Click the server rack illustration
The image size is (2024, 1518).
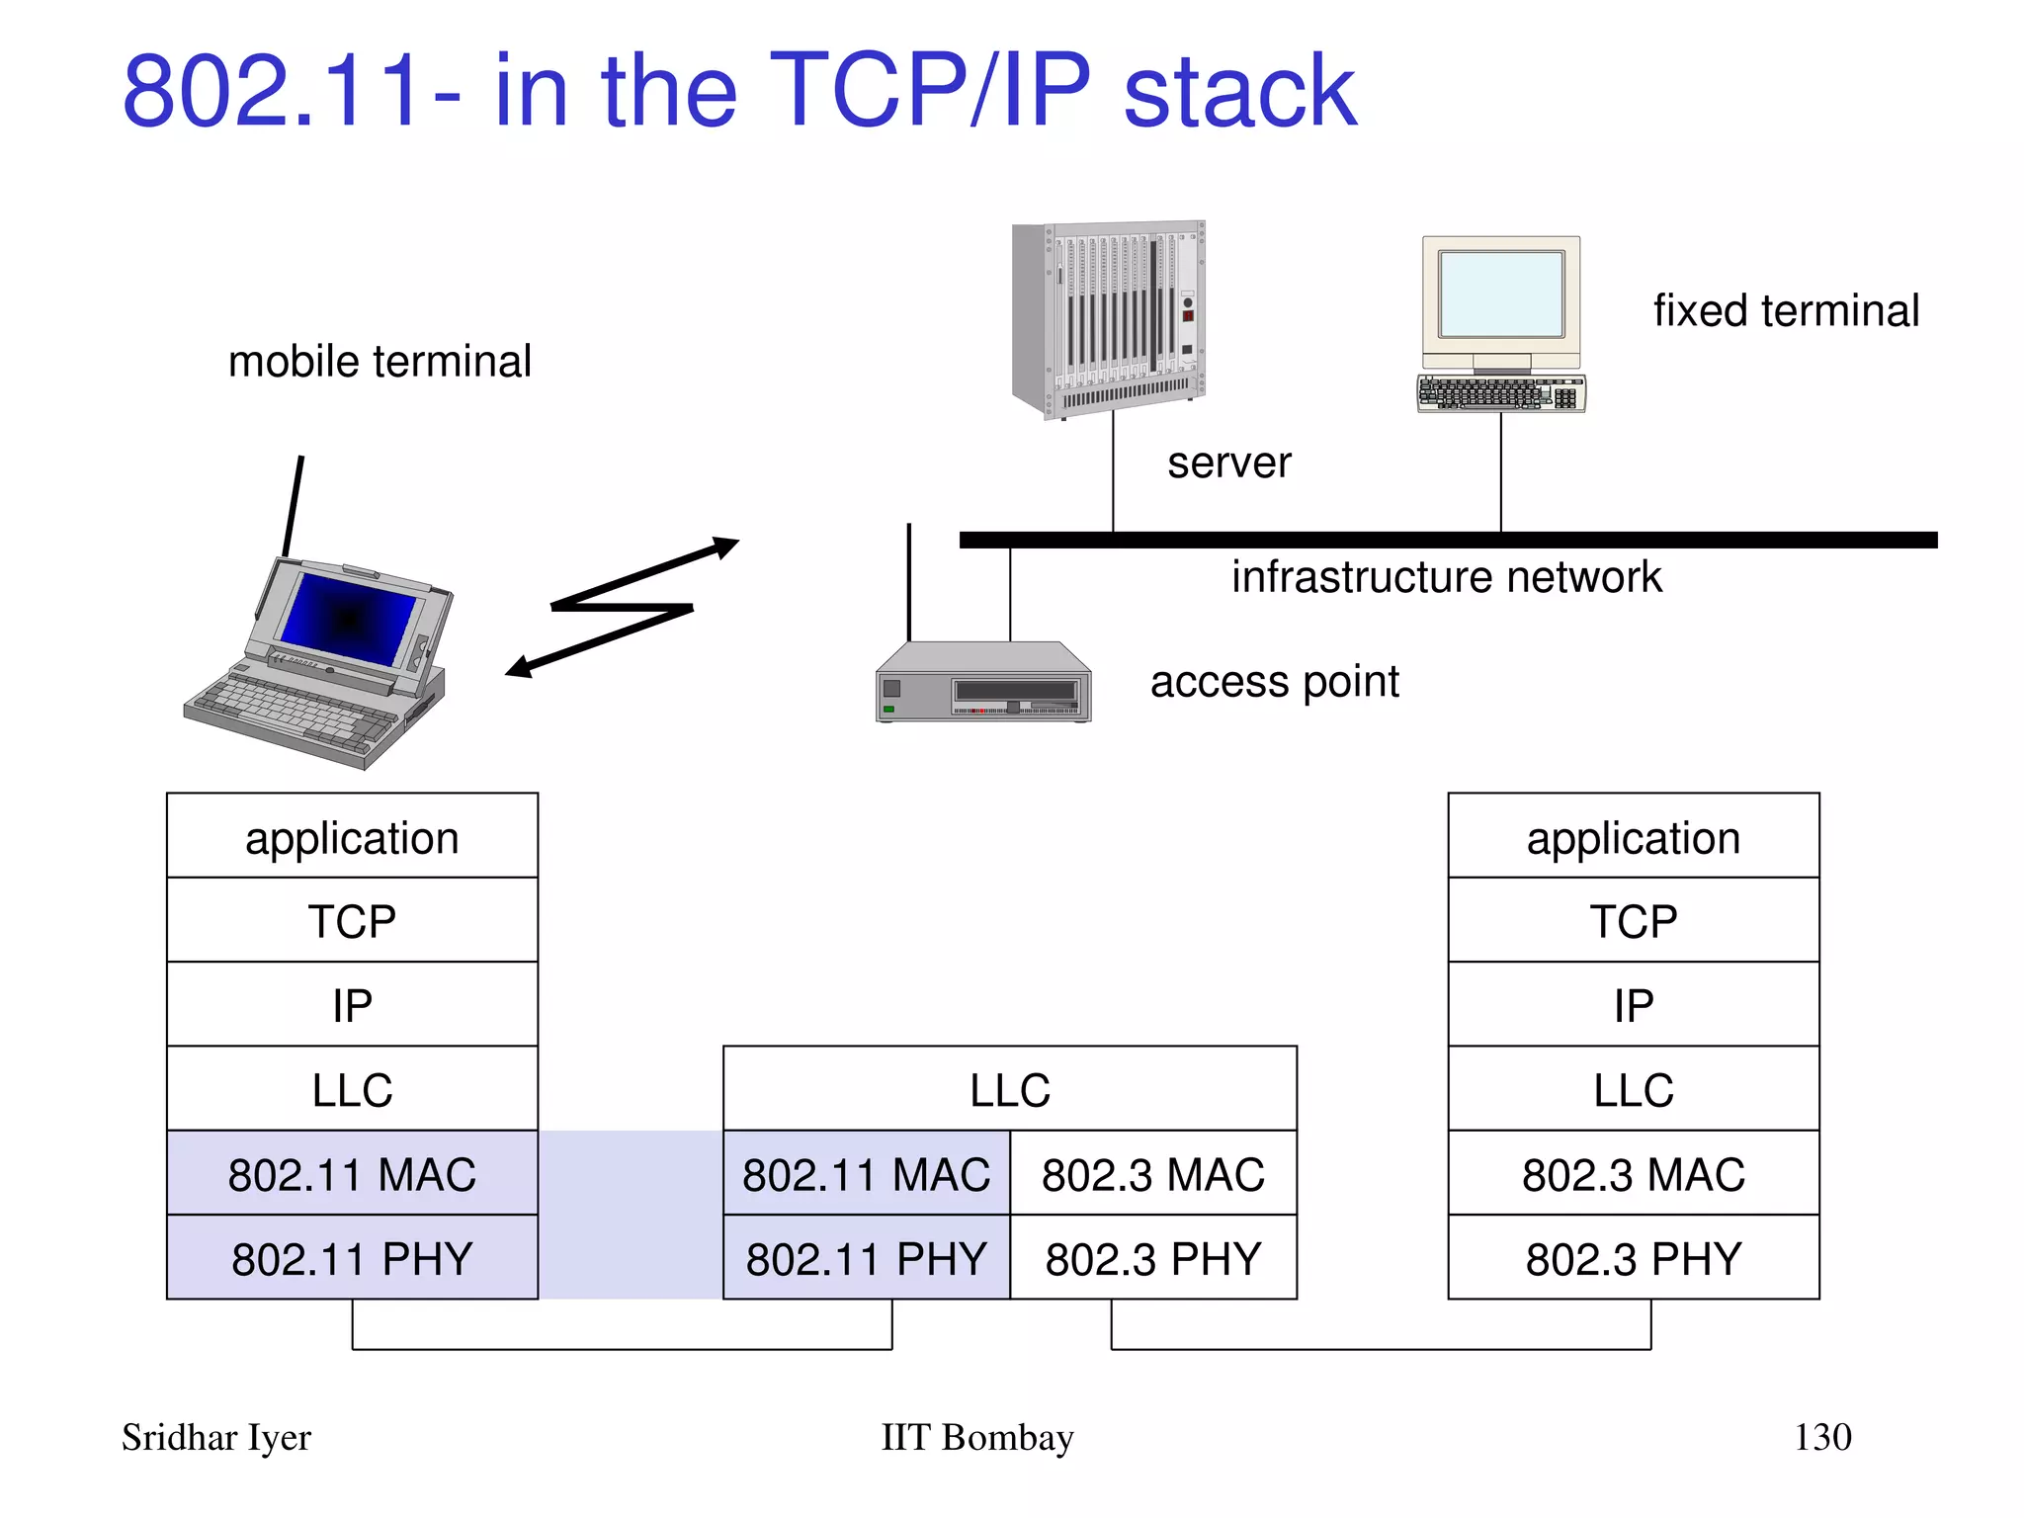click(1109, 316)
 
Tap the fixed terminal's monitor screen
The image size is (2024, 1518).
click(1500, 295)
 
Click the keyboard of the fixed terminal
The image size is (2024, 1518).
click(1500, 392)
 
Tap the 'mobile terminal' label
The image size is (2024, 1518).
click(379, 362)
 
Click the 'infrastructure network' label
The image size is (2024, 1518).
click(1446, 577)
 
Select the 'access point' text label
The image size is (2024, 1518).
click(1274, 682)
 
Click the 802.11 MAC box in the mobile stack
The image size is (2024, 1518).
click(352, 1174)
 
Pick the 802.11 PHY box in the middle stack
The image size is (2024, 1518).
click(866, 1258)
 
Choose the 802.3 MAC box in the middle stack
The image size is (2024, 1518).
click(1152, 1174)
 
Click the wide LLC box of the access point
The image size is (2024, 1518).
click(1009, 1089)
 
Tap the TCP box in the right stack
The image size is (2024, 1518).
click(1633, 921)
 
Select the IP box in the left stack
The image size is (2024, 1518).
click(352, 1005)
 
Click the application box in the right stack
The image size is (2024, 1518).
click(1633, 837)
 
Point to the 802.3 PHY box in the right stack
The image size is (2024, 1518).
click(1633, 1258)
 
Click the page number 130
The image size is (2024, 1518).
click(1821, 1437)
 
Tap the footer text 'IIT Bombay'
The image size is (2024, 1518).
click(976, 1437)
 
